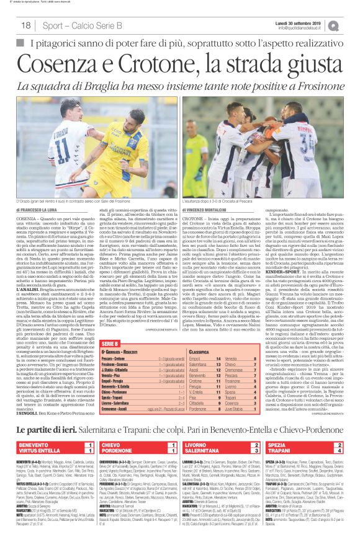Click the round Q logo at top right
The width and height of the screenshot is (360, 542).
351,24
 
